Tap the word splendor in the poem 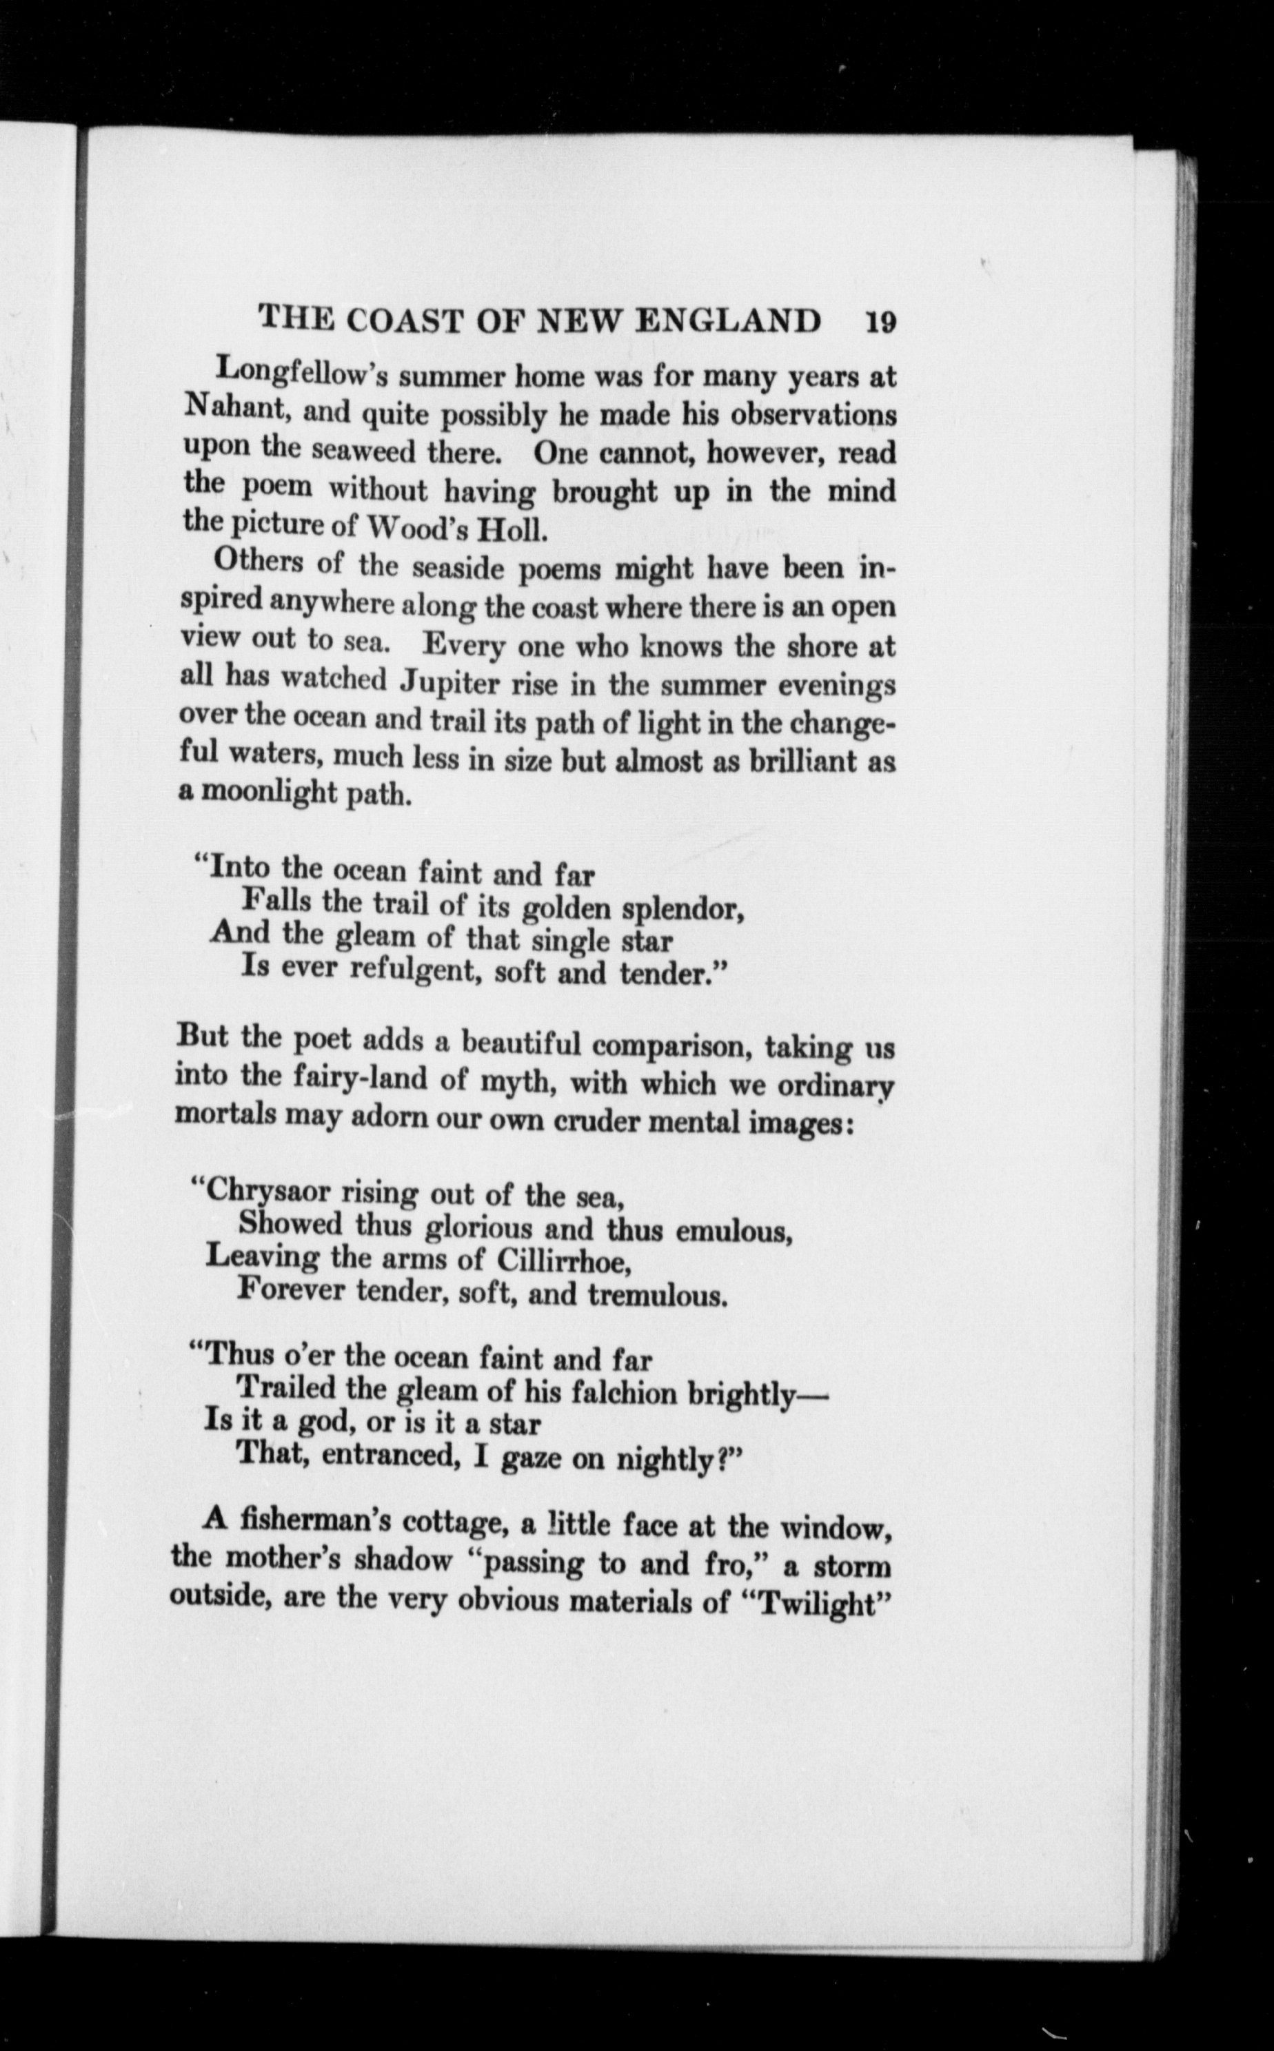pos(682,909)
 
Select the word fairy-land pos(361,1079)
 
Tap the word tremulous pos(657,1294)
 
